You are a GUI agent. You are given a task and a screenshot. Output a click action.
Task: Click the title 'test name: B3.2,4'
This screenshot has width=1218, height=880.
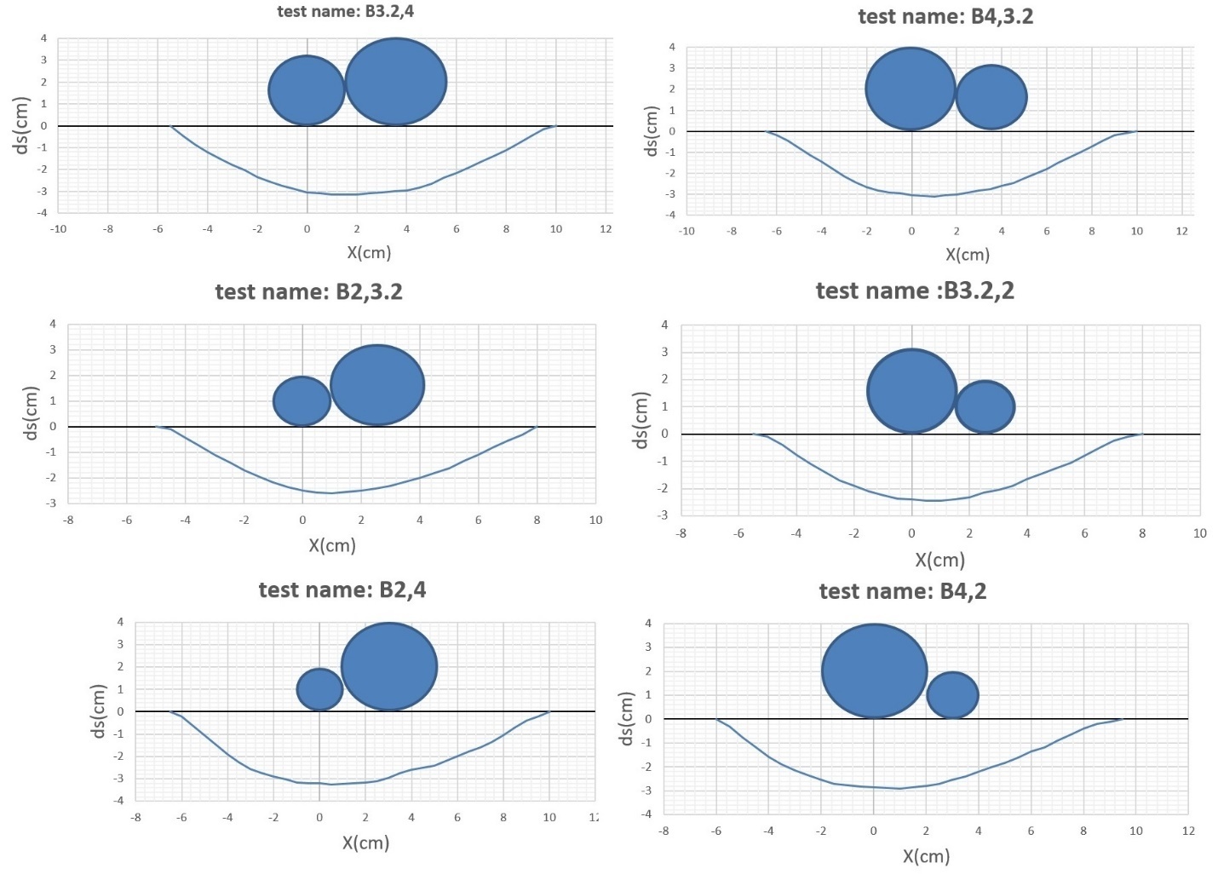[345, 12]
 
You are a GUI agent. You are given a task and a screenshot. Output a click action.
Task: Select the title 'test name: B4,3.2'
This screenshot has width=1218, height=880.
[945, 17]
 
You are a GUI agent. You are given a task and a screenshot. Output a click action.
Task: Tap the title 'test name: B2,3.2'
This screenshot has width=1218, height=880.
[308, 292]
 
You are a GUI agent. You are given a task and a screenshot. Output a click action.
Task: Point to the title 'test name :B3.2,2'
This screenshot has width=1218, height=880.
[915, 291]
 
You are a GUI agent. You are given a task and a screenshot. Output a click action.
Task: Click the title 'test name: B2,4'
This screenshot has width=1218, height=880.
[342, 590]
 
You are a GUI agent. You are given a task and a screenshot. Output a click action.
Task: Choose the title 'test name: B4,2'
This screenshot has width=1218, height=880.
[902, 592]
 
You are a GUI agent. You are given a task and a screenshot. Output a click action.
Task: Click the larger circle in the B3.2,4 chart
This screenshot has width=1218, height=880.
[396, 82]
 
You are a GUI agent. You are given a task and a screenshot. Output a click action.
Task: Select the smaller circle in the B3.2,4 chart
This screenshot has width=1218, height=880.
[307, 90]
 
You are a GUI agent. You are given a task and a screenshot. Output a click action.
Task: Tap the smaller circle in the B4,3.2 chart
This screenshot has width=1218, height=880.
[991, 97]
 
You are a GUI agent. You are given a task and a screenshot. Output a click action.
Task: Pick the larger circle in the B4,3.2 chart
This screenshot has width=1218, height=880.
[911, 89]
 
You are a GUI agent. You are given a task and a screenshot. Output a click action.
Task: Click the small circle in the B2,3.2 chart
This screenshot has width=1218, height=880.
[302, 401]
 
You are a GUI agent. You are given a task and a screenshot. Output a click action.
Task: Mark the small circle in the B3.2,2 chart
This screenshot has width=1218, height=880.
[985, 407]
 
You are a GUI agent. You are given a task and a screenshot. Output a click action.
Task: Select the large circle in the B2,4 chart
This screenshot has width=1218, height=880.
[389, 667]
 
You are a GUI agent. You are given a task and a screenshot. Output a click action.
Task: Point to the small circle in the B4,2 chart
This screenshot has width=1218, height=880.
[952, 695]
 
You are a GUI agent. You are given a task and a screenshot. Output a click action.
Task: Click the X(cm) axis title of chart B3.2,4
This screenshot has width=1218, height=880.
[369, 252]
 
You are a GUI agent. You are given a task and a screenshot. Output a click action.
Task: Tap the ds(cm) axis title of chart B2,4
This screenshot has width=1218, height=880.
[99, 711]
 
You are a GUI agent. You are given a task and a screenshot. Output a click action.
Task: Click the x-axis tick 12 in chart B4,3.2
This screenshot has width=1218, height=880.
[1181, 231]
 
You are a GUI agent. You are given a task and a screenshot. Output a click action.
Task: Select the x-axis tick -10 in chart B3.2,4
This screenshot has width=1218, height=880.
[58, 229]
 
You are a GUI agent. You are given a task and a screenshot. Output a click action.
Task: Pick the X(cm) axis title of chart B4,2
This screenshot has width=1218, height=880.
[926, 856]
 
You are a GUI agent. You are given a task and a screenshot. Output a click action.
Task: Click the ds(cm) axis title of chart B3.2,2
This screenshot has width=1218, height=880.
[641, 420]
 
